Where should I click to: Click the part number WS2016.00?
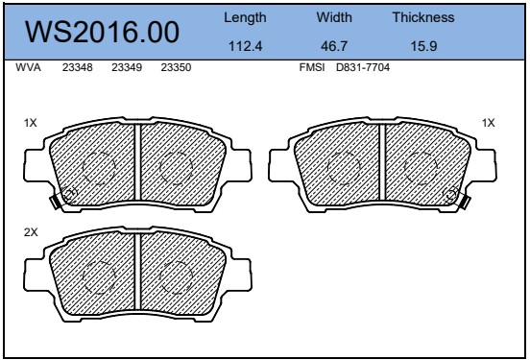click(x=102, y=32)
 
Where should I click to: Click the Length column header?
click(x=245, y=17)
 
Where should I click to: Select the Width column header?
click(x=334, y=17)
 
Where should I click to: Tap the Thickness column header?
click(x=423, y=17)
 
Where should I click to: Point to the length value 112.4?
click(x=245, y=46)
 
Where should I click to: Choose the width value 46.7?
click(x=334, y=46)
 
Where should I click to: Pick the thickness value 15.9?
click(x=423, y=46)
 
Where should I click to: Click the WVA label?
click(x=28, y=67)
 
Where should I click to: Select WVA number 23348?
click(x=78, y=67)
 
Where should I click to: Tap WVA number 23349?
click(x=127, y=67)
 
